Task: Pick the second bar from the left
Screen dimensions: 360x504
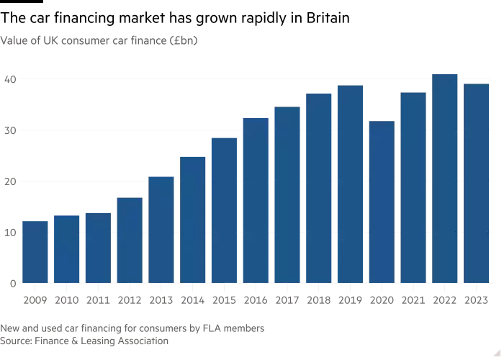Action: pyautogui.click(x=66, y=248)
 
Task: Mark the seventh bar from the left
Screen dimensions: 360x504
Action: pyautogui.click(x=225, y=209)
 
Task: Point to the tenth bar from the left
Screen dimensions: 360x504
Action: pyautogui.click(x=320, y=187)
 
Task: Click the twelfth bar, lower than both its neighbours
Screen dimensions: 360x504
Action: pyautogui.click(x=382, y=202)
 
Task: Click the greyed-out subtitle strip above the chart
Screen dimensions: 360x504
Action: pyautogui.click(x=101, y=40)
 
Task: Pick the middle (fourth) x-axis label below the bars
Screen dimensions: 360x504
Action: pyautogui.click(x=271, y=300)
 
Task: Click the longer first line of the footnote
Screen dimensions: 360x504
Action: pyautogui.click(x=132, y=328)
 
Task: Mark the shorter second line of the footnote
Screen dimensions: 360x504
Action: pyautogui.click(x=86, y=339)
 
